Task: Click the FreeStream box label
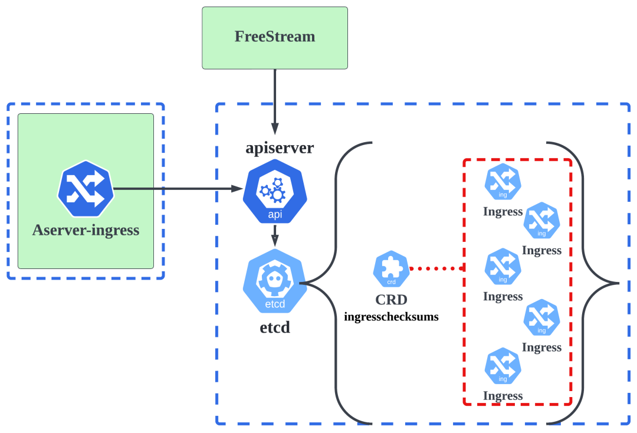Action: (x=275, y=37)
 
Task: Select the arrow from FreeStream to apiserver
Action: (x=274, y=100)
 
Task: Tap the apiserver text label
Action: (x=280, y=147)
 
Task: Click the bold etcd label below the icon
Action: (x=275, y=327)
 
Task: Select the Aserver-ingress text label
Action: (x=86, y=230)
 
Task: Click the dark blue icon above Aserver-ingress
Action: (x=86, y=189)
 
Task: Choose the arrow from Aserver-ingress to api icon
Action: (x=177, y=189)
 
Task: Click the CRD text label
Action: (x=391, y=299)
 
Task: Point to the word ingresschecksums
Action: (x=391, y=317)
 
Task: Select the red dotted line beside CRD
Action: (x=436, y=268)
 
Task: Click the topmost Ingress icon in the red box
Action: (x=503, y=182)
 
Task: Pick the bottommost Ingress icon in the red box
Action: (x=503, y=366)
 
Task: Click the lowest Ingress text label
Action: (x=503, y=396)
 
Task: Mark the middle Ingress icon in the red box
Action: (x=503, y=267)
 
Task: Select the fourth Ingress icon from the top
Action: (x=541, y=317)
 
